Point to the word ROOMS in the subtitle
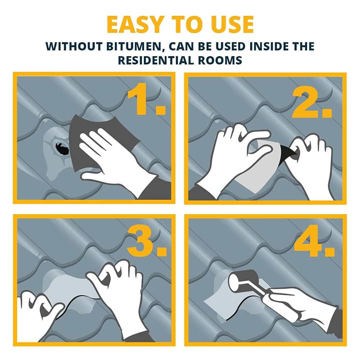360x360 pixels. (220, 60)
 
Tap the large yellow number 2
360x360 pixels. (312, 103)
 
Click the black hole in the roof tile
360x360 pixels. (62, 149)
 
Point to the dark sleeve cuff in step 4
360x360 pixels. (335, 321)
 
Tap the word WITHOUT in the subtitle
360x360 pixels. (74, 46)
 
